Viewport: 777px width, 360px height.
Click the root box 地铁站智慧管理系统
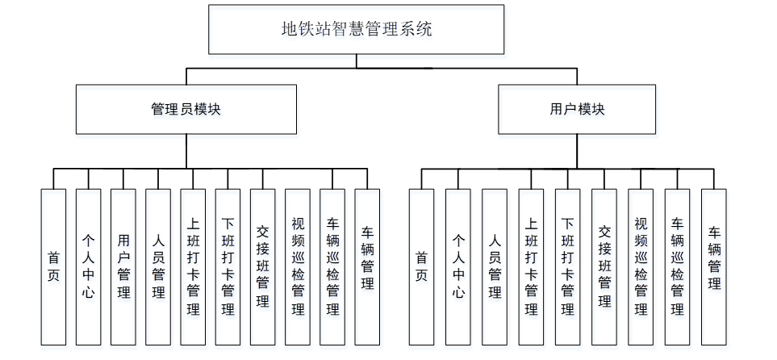(356, 30)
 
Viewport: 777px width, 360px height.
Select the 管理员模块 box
(186, 110)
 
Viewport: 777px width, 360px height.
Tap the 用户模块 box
(576, 110)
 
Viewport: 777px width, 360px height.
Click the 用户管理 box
(123, 266)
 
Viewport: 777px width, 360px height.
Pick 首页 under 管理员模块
(53, 266)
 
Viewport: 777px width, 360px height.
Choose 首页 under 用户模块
(421, 266)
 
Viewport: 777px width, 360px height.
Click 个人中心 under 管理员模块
(88, 266)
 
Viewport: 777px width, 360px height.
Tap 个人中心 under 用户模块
(457, 266)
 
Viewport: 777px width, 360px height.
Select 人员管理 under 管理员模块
(158, 266)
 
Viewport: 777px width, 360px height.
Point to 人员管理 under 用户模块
(494, 266)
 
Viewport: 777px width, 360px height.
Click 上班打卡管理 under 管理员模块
(193, 266)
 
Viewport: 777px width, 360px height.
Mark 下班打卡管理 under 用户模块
(567, 266)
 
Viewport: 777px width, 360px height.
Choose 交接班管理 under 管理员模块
(262, 266)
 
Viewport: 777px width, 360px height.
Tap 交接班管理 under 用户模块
(604, 266)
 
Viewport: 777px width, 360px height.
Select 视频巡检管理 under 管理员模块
(297, 266)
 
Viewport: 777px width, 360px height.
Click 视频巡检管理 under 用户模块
(641, 266)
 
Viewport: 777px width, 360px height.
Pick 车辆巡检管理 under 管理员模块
(332, 266)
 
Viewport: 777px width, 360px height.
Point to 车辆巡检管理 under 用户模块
(677, 266)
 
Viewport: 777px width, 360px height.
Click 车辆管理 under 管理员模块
(367, 266)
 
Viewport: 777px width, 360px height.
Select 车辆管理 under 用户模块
(713, 266)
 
